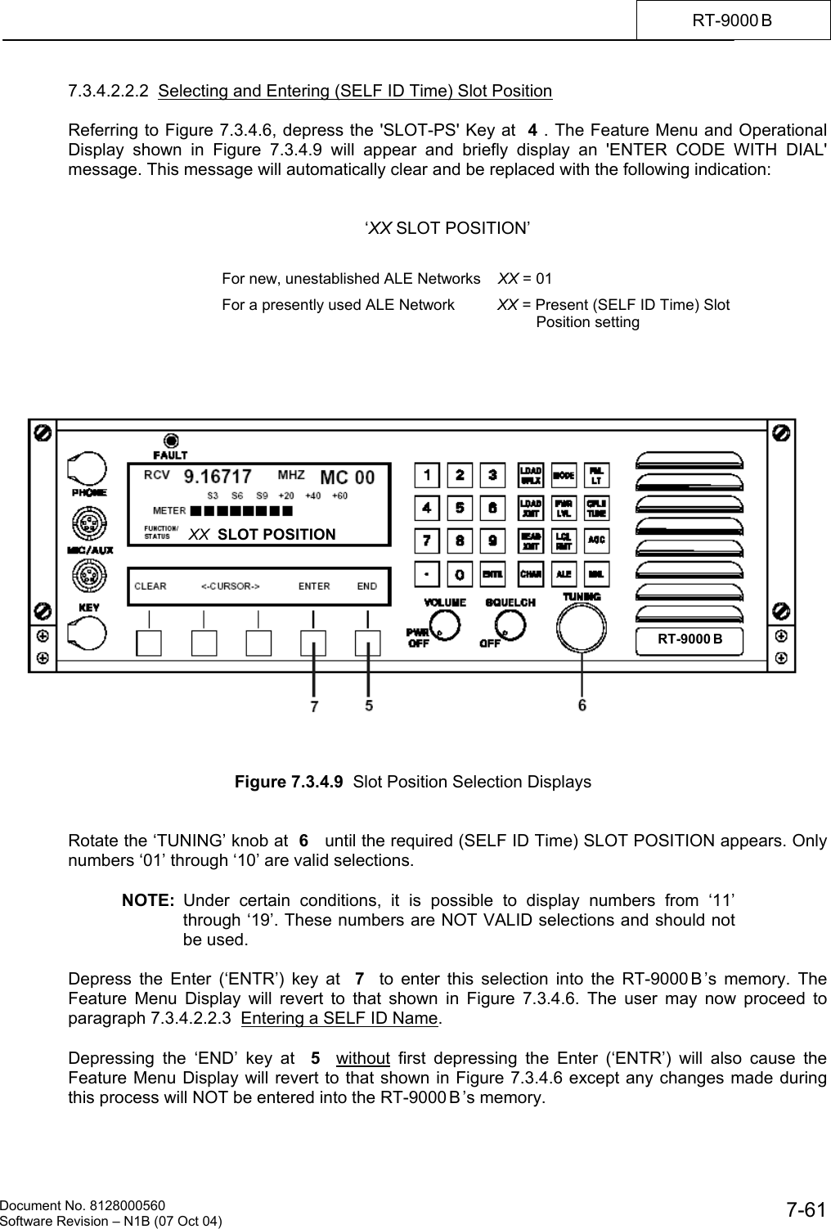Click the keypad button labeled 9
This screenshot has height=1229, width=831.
coord(492,540)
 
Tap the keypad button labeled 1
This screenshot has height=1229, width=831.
coord(426,474)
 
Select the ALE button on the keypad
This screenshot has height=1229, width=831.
coord(564,574)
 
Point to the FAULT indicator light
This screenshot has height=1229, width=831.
coord(171,439)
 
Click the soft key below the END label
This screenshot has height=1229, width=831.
coord(367,644)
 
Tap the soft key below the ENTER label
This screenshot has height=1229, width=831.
coord(313,644)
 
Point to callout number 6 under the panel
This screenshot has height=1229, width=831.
coord(582,703)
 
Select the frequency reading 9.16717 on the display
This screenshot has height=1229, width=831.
coord(217,475)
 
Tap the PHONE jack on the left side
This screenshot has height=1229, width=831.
coord(88,469)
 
